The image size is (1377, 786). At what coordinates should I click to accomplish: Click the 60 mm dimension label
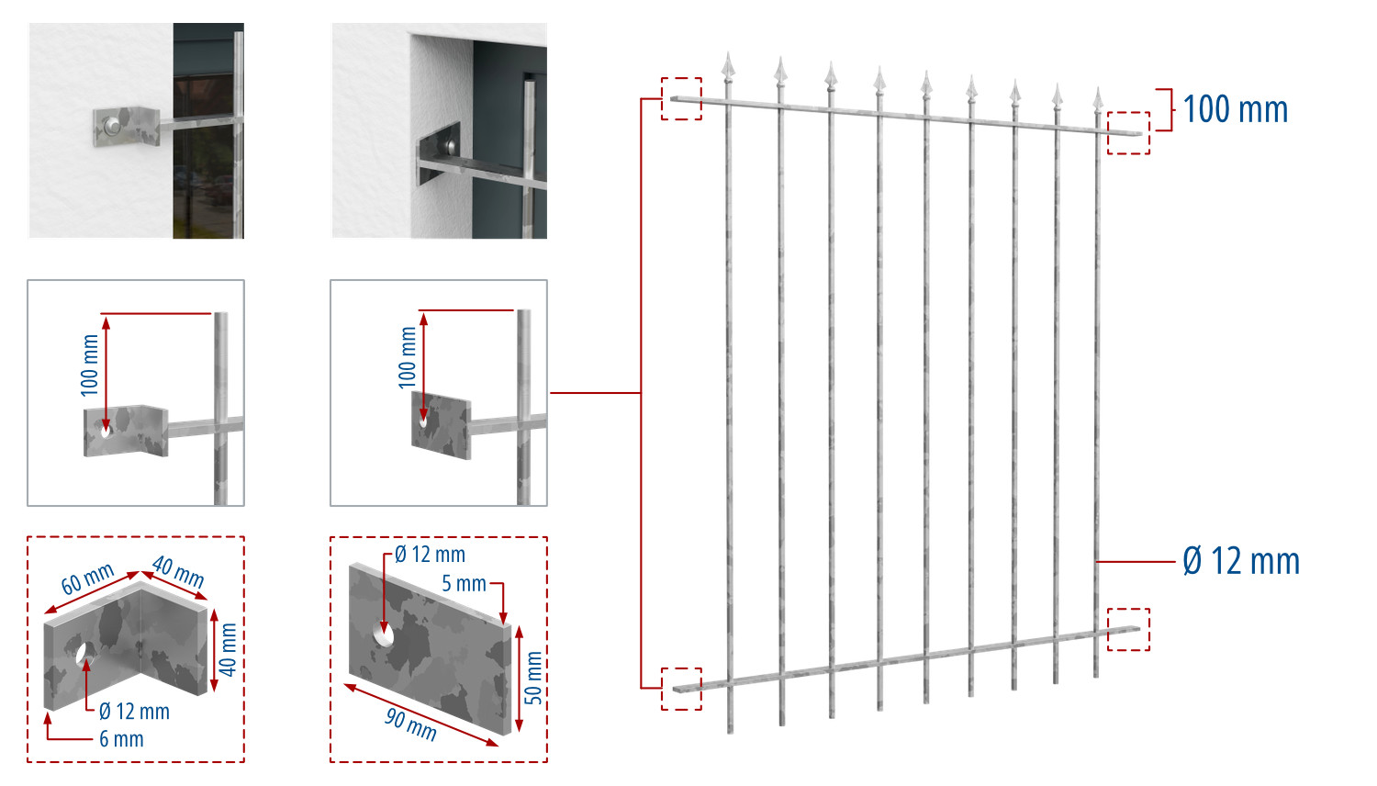coord(87,578)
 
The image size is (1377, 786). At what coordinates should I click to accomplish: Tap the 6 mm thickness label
coord(122,738)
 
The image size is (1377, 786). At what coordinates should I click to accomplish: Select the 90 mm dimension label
coord(410,724)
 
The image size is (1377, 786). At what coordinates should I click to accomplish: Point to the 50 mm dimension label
coord(533,677)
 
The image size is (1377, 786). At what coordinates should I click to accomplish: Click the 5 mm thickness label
coord(465,583)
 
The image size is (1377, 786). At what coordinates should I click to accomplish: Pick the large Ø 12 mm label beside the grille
coord(1241,561)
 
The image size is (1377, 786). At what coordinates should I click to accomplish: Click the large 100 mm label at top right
coord(1235,109)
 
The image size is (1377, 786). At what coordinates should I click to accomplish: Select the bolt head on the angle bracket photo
coord(112,126)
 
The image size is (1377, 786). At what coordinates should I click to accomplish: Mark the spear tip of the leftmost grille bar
coord(729,53)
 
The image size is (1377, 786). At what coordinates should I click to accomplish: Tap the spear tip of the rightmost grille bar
coord(1098,88)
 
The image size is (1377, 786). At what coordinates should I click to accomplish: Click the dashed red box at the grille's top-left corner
coord(681,98)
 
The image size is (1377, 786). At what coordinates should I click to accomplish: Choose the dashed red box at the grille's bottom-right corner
coord(1128,629)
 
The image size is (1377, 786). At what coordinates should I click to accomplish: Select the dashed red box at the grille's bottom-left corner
coord(681,689)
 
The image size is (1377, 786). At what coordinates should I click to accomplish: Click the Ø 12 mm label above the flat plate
coord(430,554)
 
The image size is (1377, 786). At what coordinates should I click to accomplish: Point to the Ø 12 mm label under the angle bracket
coord(134,711)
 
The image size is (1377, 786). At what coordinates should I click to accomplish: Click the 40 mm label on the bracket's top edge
coord(178,572)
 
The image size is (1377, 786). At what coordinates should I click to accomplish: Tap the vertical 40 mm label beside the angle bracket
coord(228,649)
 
